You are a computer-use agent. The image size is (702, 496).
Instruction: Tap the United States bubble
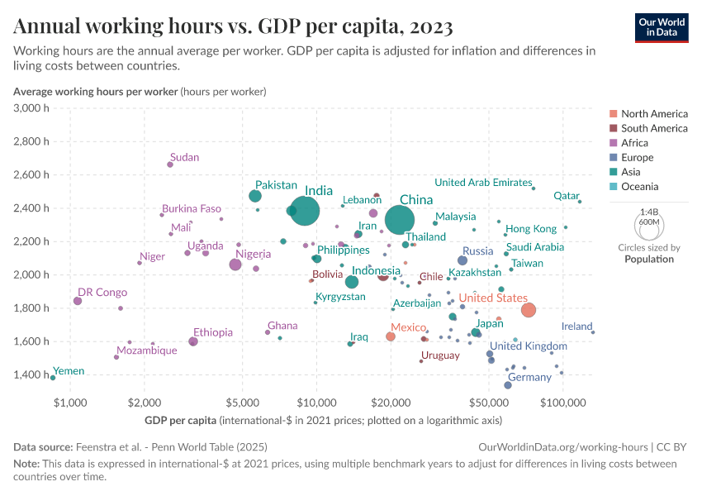529,310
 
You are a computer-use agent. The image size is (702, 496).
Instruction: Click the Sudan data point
170,165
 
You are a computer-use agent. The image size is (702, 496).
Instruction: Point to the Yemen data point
53,378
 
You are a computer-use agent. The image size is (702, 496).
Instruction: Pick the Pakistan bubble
255,196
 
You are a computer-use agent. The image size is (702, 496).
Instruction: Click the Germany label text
529,377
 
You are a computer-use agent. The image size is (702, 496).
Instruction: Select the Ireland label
576,327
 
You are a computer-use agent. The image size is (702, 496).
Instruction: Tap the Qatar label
567,196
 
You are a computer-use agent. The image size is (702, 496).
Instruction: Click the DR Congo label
102,292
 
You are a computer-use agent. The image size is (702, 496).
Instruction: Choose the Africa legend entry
636,143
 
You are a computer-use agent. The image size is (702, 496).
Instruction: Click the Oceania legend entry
641,187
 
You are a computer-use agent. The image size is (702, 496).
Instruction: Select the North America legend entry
653,114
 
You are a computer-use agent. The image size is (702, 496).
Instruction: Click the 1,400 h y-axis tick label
34,374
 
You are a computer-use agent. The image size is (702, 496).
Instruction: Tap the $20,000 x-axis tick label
391,403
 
